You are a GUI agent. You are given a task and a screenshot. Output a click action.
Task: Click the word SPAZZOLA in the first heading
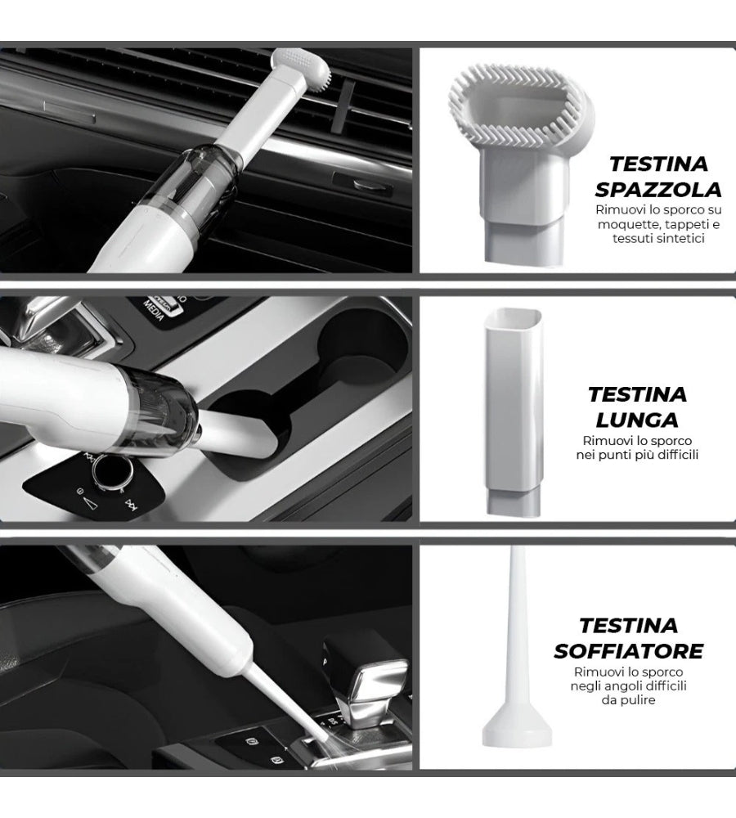pos(657,190)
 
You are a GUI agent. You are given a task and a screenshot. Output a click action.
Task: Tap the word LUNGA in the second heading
pos(637,420)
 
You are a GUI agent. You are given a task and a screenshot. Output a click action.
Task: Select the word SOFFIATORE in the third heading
pos(629,651)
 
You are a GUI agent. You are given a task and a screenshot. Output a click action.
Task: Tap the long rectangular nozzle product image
pos(514,411)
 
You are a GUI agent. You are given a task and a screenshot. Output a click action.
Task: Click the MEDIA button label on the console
pos(155,310)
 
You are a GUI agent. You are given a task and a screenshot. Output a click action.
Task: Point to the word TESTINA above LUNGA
pos(637,395)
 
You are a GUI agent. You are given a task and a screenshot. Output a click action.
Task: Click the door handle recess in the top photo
pos(363,183)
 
